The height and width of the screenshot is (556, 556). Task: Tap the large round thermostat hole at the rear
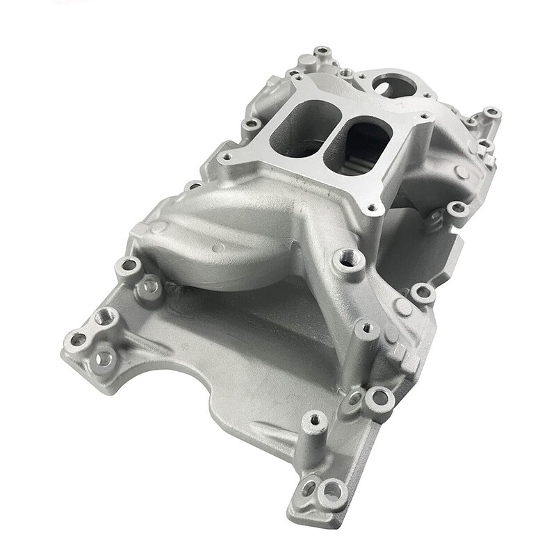tap(394, 86)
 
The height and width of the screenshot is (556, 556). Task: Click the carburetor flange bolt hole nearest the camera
tap(373, 206)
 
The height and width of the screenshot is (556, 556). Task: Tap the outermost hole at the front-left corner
tap(78, 340)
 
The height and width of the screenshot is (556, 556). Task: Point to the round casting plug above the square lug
tap(403, 306)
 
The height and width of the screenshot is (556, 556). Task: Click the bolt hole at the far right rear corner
tap(491, 113)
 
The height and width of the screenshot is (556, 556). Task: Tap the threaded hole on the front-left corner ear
tap(106, 317)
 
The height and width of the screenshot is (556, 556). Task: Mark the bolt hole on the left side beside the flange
tap(252, 125)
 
